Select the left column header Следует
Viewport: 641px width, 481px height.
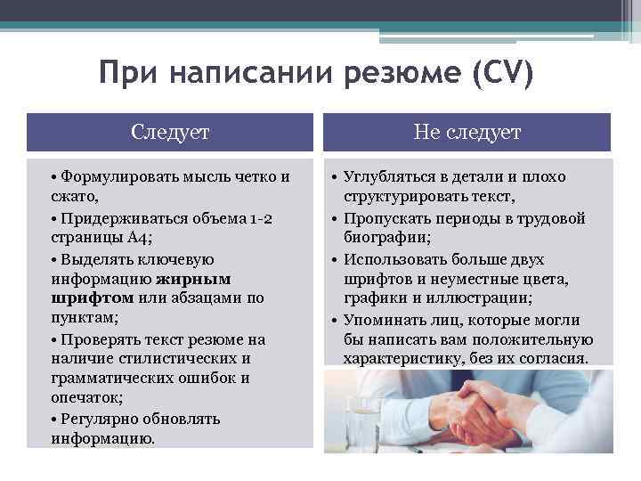pyautogui.click(x=170, y=133)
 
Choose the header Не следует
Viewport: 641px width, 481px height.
pyautogui.click(x=467, y=133)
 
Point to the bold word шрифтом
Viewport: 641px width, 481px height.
pyautogui.click(x=93, y=298)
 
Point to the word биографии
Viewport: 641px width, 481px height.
pyautogui.click(x=385, y=238)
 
